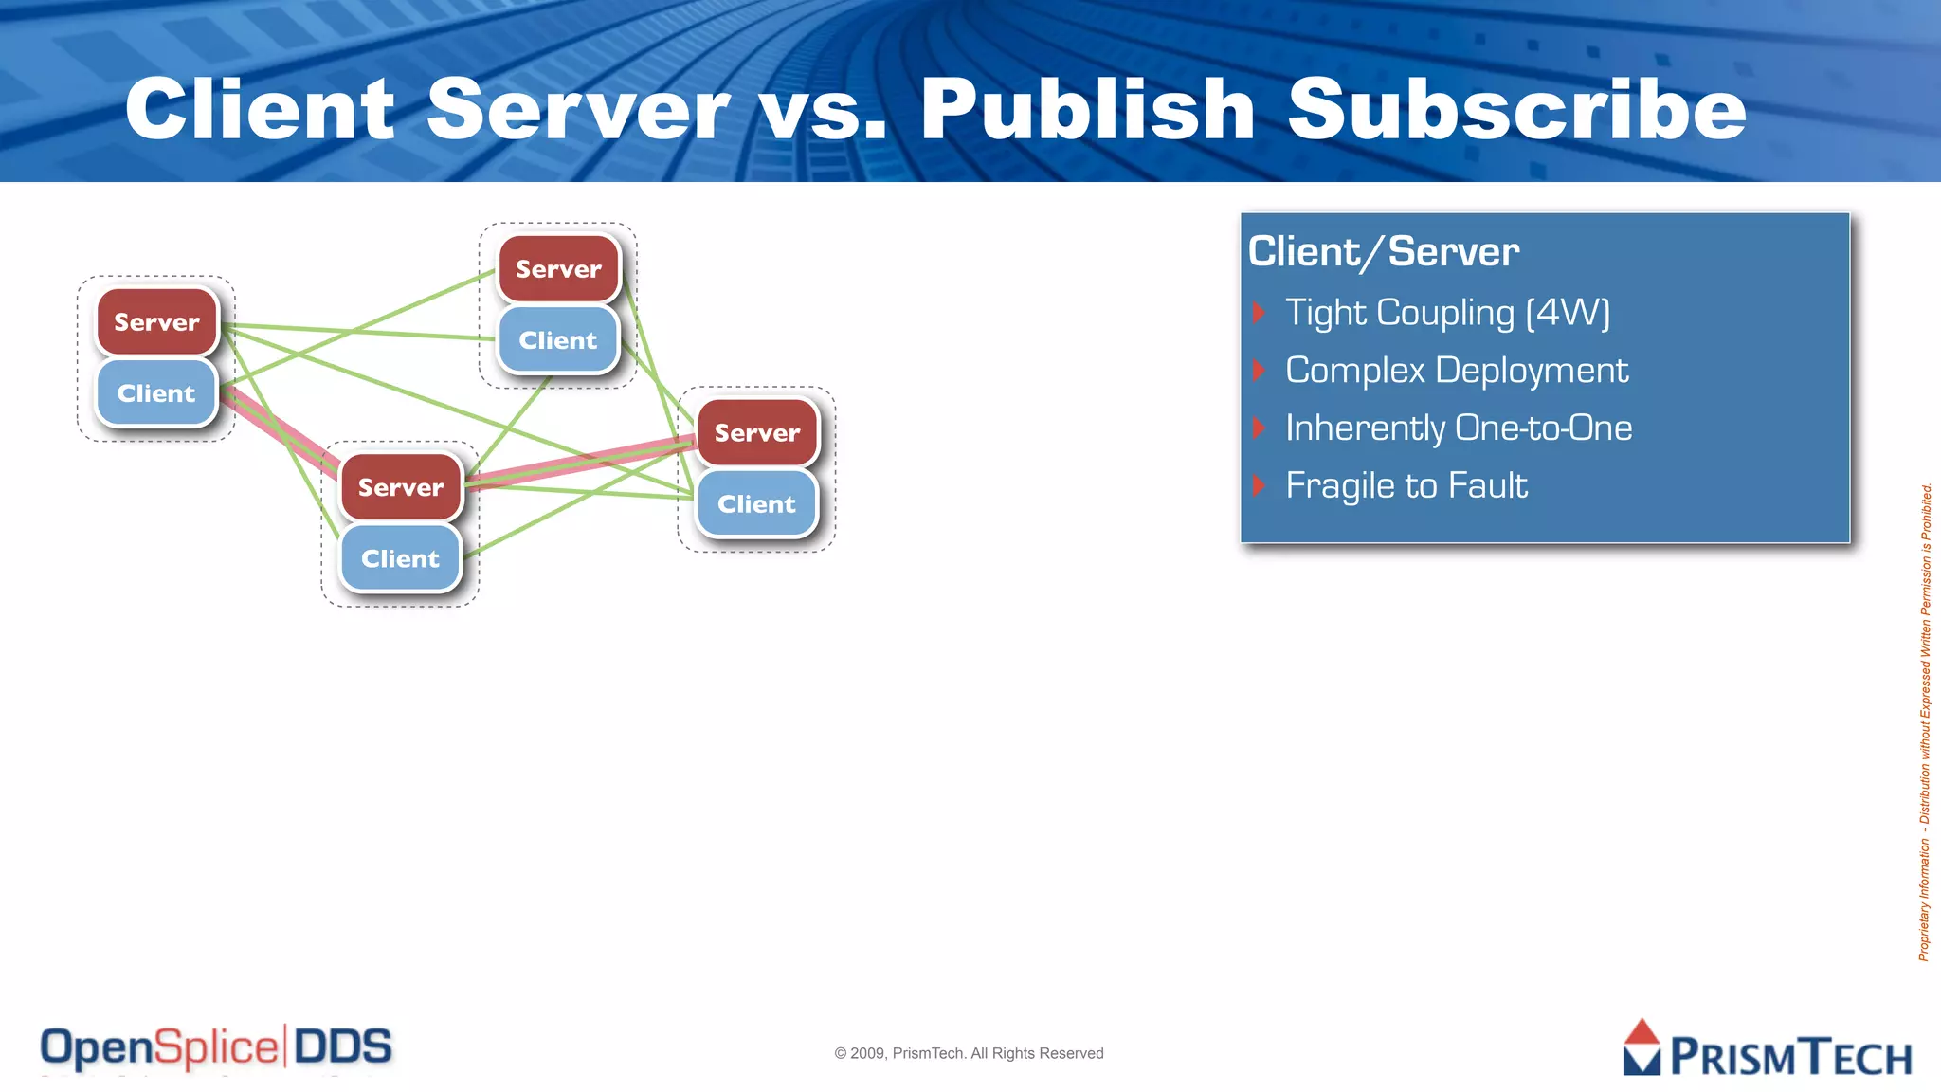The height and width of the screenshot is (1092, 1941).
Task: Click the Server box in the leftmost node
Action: point(157,322)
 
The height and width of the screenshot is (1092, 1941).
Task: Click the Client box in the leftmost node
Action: point(156,393)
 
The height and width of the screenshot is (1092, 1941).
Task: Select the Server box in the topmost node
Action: point(558,269)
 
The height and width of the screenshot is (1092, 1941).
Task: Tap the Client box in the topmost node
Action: point(558,340)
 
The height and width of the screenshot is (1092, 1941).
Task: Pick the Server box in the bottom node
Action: point(401,487)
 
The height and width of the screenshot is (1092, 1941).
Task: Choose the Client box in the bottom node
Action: point(400,559)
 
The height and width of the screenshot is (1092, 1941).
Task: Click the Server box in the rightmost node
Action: point(757,433)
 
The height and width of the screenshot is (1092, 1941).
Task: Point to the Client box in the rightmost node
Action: point(756,504)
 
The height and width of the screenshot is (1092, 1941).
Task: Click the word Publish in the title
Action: point(1087,110)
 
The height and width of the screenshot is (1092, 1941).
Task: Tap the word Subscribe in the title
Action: point(1516,110)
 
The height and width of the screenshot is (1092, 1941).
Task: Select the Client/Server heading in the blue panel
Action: point(1384,252)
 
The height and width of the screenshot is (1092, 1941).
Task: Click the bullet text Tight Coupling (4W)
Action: point(1447,313)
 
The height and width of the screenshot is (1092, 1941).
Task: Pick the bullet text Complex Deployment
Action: point(1457,371)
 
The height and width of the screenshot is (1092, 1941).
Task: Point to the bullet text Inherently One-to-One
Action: point(1459,428)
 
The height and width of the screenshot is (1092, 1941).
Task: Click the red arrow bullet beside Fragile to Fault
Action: point(1259,486)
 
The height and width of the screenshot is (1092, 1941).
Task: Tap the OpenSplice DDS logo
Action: point(216,1048)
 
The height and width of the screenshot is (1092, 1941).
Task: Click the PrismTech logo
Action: point(1767,1049)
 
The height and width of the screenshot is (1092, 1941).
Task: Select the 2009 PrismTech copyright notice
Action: point(969,1053)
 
